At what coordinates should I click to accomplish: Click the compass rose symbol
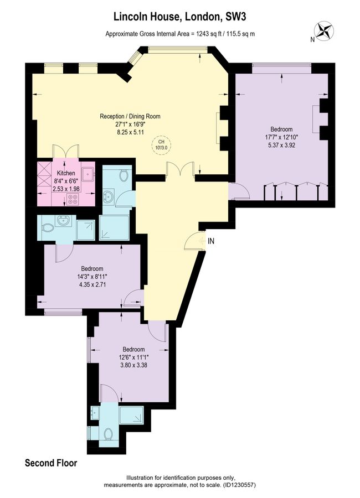tap(324, 30)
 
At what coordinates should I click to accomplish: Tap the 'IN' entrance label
tap(211, 241)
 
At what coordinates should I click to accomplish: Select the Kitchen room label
tap(66, 173)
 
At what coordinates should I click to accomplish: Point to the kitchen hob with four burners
tap(73, 199)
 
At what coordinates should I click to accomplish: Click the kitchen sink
tap(87, 173)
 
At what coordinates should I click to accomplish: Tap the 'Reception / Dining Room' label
tap(130, 116)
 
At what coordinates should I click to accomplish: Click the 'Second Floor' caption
tap(51, 463)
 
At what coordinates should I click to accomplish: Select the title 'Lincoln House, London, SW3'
tap(180, 17)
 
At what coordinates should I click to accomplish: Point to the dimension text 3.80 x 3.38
tap(133, 365)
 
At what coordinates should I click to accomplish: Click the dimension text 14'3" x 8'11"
tap(92, 276)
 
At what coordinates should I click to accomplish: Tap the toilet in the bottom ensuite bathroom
tap(109, 433)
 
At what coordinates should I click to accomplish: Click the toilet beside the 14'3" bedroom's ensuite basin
tap(49, 228)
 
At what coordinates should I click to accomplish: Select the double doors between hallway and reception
tap(181, 168)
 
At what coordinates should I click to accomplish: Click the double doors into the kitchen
tap(65, 152)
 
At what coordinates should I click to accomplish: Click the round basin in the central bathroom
tap(109, 196)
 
